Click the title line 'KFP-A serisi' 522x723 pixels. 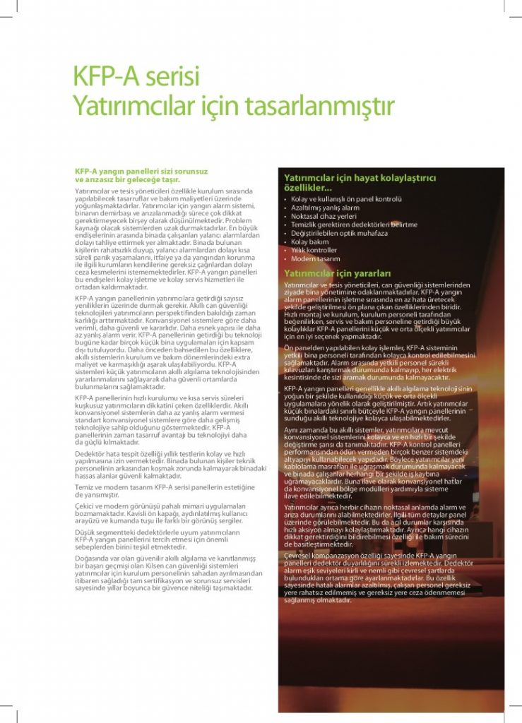pyautogui.click(x=137, y=76)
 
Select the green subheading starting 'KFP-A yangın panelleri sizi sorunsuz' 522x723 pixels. pyautogui.click(x=141, y=175)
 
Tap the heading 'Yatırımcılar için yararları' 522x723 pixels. pyautogui.click(x=337, y=273)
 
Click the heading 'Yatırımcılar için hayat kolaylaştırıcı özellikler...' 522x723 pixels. pyautogui.click(x=360, y=183)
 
